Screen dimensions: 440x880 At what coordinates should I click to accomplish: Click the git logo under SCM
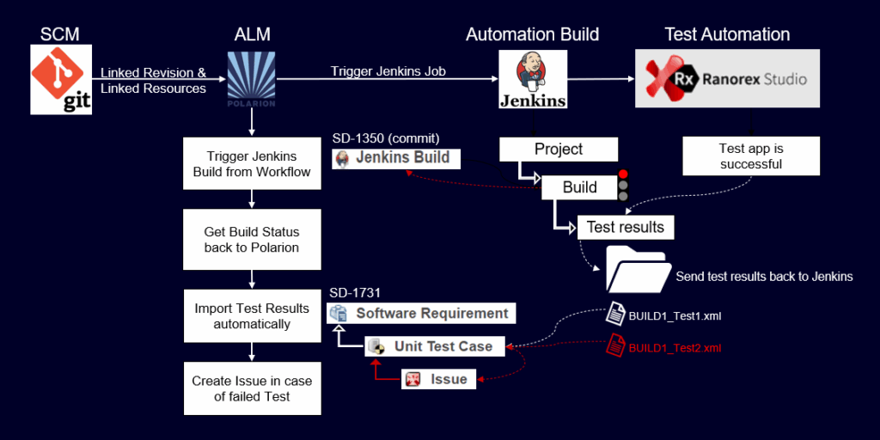(x=60, y=80)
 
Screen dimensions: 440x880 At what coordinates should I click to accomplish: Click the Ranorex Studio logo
(x=726, y=78)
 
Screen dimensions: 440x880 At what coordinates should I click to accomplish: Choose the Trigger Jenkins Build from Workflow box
(x=252, y=163)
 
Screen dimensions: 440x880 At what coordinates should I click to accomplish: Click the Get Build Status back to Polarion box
(x=252, y=240)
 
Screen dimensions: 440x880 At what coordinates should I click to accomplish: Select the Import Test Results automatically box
(x=252, y=315)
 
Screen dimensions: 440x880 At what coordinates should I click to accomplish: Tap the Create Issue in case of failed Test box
(x=252, y=388)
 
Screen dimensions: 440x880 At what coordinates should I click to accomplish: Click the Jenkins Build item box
(x=397, y=159)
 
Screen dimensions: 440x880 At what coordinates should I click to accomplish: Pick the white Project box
(x=559, y=149)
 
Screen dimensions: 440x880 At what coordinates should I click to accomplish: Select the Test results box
(x=625, y=227)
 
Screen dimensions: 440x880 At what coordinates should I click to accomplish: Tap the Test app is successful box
(x=750, y=156)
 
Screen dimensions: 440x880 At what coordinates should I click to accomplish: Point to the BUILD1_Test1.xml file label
(x=675, y=316)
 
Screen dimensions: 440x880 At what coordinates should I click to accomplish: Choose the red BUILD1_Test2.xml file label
(x=675, y=347)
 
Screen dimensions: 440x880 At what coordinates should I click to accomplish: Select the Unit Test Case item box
(x=432, y=346)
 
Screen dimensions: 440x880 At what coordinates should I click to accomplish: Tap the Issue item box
(x=438, y=379)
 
